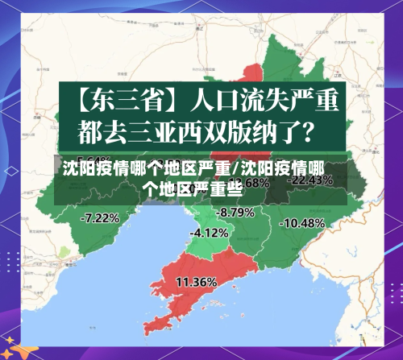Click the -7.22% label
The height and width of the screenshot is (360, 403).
click(x=101, y=217)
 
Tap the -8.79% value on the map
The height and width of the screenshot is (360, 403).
click(x=235, y=212)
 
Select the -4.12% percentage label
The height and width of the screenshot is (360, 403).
click(x=209, y=233)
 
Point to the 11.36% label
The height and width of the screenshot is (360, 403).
click(x=196, y=282)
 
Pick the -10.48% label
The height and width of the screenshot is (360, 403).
click(x=304, y=222)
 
